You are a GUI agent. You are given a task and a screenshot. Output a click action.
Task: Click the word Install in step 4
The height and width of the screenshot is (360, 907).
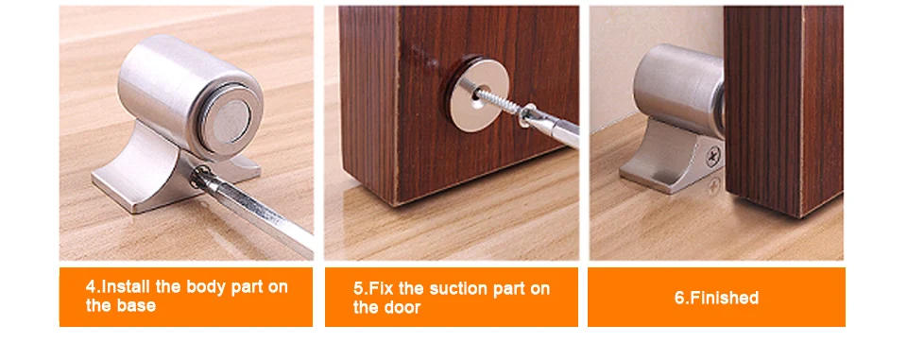(126, 286)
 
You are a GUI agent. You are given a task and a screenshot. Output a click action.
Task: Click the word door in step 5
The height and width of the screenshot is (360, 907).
(402, 307)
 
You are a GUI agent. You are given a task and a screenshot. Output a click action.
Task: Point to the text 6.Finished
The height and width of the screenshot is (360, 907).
(716, 298)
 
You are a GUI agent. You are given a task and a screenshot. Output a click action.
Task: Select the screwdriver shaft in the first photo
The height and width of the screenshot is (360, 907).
(255, 211)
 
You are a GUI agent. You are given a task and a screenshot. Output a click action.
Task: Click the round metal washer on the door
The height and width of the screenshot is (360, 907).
(478, 95)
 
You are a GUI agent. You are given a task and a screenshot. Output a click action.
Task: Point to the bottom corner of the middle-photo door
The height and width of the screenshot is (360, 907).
(396, 205)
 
